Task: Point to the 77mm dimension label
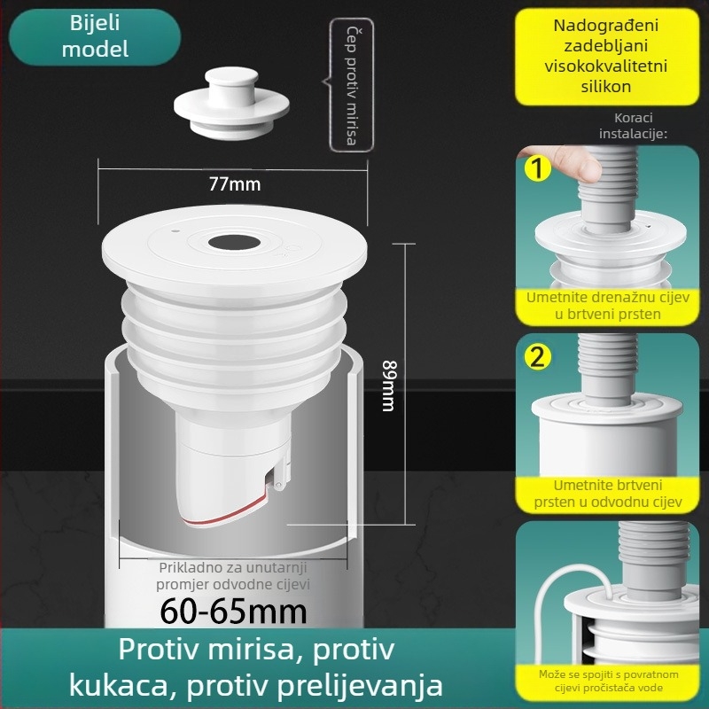click(235, 185)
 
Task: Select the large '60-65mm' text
click(234, 611)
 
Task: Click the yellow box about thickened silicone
click(606, 57)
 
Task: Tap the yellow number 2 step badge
click(537, 357)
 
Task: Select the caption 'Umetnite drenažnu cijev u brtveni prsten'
click(607, 306)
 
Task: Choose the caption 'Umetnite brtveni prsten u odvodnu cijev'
click(607, 494)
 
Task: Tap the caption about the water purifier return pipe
click(608, 681)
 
